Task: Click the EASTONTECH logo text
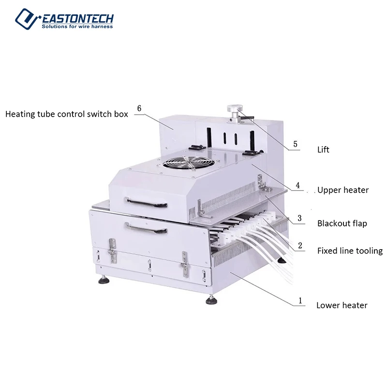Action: point(78,18)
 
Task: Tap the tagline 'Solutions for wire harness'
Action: point(77,26)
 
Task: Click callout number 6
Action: point(139,108)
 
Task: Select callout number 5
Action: point(296,144)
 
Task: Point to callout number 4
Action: point(298,185)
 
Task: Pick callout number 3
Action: point(300,218)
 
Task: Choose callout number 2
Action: point(300,246)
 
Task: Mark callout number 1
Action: point(300,300)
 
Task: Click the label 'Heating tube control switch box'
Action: point(67,114)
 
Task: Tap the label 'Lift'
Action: point(323,149)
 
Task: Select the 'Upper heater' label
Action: point(343,190)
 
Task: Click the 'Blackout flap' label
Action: point(342,223)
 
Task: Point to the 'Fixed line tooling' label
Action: point(350,251)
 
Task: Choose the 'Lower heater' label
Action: point(342,305)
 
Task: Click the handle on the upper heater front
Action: point(142,199)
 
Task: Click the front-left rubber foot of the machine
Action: point(103,279)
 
